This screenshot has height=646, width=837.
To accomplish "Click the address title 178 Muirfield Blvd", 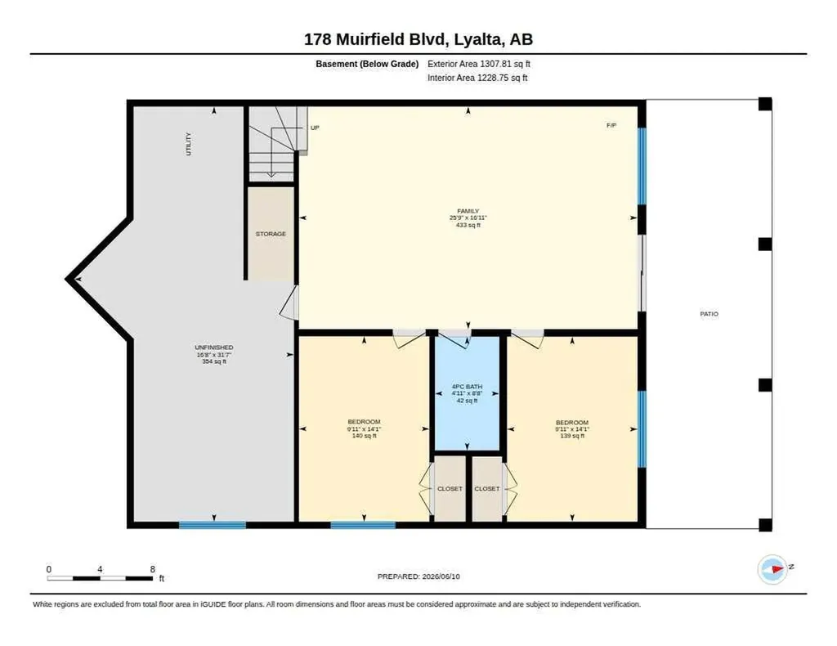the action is [x=378, y=39].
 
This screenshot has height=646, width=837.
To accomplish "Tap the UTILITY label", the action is [x=188, y=144].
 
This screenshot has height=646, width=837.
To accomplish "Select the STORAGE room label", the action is [x=271, y=234].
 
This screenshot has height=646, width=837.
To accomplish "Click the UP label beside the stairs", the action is [x=315, y=128].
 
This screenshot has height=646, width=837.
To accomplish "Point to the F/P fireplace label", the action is [x=611, y=125].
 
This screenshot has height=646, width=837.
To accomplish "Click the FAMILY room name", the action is [x=468, y=211].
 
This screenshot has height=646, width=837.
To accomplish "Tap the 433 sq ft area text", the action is [x=468, y=226].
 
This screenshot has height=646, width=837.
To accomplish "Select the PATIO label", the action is [x=709, y=314].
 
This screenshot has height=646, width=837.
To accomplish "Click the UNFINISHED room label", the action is [x=213, y=348].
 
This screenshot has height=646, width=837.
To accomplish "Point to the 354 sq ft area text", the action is [x=213, y=361].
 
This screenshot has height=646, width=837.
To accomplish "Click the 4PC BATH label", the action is [x=467, y=387].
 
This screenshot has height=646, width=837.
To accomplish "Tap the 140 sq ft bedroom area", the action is [x=364, y=436].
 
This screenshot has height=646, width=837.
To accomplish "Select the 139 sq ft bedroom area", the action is [x=572, y=436].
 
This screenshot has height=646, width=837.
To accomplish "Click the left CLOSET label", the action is [x=450, y=488].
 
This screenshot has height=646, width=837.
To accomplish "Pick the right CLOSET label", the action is [x=487, y=488].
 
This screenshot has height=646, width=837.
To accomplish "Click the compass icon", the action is [x=773, y=569].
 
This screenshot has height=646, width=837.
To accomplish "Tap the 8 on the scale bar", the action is [x=153, y=569].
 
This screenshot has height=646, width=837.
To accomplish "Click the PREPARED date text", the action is [x=418, y=576].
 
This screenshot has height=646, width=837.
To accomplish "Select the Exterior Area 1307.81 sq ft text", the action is [x=479, y=64].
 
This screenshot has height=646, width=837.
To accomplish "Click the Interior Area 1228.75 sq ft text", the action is [x=477, y=78].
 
